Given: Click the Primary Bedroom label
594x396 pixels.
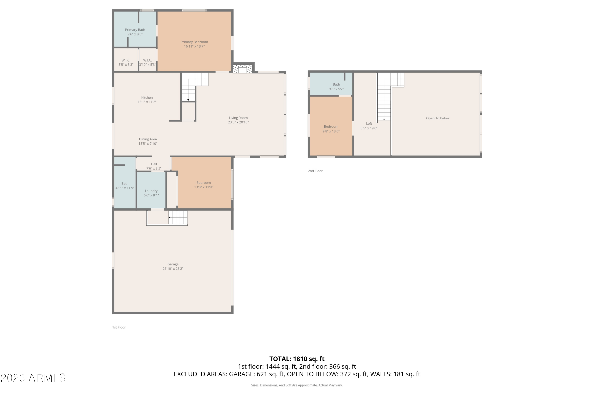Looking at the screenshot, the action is click(x=194, y=42).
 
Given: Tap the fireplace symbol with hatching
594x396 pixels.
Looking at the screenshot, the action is click(x=242, y=69).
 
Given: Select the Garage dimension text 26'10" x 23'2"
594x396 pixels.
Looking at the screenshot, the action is click(x=173, y=269).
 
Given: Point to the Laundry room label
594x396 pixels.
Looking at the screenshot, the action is click(x=151, y=191).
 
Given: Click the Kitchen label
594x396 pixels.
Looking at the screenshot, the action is click(x=147, y=97).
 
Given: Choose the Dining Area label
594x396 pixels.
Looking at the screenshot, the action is click(x=148, y=139).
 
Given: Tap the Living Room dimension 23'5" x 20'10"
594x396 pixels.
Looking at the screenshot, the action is click(x=238, y=122).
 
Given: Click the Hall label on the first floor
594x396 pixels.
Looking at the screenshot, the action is click(x=154, y=164).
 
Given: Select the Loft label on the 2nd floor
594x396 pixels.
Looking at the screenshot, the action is click(x=369, y=124).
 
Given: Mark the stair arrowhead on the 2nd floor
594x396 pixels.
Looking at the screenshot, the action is click(x=384, y=119).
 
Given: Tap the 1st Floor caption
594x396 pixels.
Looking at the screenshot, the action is click(x=119, y=327).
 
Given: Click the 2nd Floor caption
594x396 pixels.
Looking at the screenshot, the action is click(x=315, y=171).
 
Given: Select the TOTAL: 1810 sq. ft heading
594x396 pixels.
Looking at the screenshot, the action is click(x=297, y=359).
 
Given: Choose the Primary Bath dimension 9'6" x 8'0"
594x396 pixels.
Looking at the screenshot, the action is click(x=135, y=34).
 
